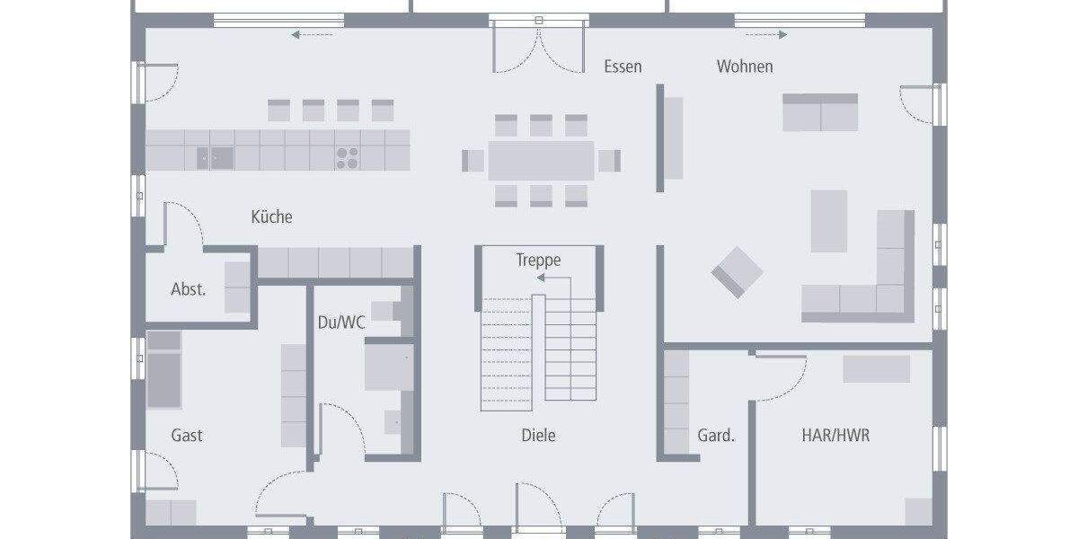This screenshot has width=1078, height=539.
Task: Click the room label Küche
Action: tap(271, 216)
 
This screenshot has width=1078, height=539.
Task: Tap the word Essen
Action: tap(623, 66)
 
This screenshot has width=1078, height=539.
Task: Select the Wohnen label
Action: tap(744, 66)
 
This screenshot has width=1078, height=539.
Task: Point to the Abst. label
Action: tap(189, 289)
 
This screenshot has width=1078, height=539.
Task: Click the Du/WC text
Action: tap(341, 323)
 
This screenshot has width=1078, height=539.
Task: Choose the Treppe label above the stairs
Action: tap(538, 261)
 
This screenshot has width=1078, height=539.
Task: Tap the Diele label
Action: tap(538, 436)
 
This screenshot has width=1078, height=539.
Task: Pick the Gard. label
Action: tap(716, 436)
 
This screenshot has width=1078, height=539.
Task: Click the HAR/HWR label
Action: tap(835, 436)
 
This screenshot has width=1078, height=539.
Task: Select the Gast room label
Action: tap(187, 436)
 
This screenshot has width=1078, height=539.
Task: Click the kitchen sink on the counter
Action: tap(216, 158)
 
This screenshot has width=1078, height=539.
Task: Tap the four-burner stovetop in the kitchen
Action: tap(348, 158)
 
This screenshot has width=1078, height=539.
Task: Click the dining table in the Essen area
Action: tap(541, 161)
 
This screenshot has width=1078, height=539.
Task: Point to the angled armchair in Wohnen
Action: tap(738, 271)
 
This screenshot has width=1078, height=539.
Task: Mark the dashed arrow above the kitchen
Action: tap(312, 35)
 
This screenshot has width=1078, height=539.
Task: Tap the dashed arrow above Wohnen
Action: tap(766, 35)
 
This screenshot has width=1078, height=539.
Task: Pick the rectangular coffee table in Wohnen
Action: tap(828, 220)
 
